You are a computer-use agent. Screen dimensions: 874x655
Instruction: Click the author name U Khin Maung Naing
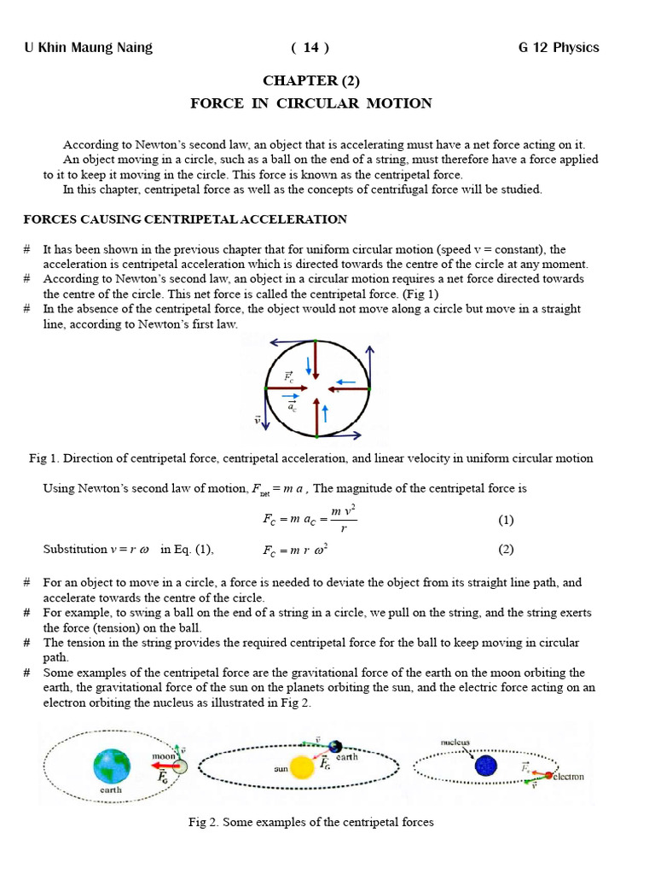tap(88, 48)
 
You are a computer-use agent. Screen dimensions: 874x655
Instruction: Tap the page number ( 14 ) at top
tap(310, 48)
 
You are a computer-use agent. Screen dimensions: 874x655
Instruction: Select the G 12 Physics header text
tap(559, 48)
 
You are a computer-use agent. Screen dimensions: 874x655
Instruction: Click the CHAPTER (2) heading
tap(310, 81)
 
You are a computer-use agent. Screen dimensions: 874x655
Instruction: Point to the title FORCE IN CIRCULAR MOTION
tap(310, 103)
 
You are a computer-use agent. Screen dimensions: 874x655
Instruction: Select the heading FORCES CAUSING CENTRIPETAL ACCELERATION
tap(185, 219)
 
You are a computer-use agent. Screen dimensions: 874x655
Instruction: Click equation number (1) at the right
tap(506, 519)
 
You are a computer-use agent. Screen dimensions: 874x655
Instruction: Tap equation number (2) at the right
tap(506, 550)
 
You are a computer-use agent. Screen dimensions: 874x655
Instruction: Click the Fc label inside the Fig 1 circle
tap(289, 376)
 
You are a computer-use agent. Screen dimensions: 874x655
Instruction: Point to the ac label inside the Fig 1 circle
tap(292, 406)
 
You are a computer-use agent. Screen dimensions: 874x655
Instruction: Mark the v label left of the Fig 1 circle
tap(256, 419)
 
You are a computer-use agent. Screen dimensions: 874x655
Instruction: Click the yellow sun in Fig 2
tap(301, 766)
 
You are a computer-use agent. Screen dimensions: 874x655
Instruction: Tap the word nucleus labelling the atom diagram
tap(455, 743)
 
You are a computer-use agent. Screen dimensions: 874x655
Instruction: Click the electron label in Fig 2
tap(567, 777)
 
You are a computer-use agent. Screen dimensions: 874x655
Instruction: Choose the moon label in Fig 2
tap(163, 756)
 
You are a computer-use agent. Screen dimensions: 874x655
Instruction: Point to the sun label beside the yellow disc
tap(281, 768)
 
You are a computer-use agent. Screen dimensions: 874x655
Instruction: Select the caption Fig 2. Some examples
tap(310, 822)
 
